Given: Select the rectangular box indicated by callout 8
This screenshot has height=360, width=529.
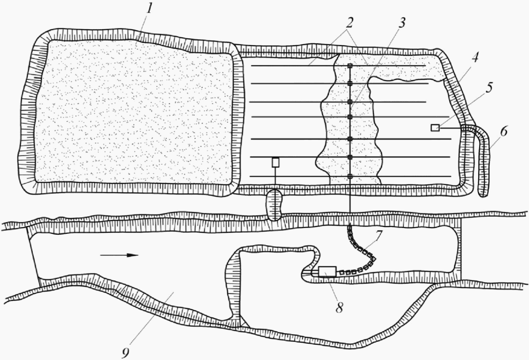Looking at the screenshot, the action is (326, 272).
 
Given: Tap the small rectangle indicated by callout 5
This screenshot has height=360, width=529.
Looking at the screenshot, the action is (435, 127).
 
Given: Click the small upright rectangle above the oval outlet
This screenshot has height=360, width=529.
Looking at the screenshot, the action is (276, 162).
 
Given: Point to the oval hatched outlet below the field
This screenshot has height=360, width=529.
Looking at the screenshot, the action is (275, 204).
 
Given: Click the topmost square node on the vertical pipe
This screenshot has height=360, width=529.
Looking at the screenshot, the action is (350, 66).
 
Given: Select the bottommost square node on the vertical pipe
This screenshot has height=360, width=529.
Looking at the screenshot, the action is (350, 177).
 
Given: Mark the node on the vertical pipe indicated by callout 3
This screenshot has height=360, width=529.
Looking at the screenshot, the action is (350, 102).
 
